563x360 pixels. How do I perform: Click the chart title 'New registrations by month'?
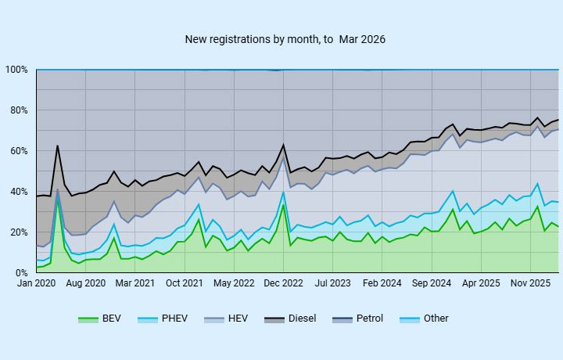pyautogui.click(x=285, y=39)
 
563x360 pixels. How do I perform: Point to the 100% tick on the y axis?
pyautogui.click(x=16, y=70)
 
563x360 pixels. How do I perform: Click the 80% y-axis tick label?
pyautogui.click(x=19, y=110)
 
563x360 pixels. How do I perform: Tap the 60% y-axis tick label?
pyautogui.click(x=19, y=151)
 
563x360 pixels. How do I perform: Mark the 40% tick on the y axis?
pyautogui.click(x=19, y=192)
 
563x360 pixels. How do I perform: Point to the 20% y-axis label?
pyautogui.click(x=19, y=232)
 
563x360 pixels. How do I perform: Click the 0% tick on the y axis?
pyautogui.click(x=21, y=273)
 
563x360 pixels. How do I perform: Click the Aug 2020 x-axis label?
pyautogui.click(x=84, y=283)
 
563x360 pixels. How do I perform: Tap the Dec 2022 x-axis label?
pyautogui.click(x=282, y=283)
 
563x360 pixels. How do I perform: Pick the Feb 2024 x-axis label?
pyautogui.click(x=382, y=283)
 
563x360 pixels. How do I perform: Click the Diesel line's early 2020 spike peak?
pyautogui.click(x=57, y=146)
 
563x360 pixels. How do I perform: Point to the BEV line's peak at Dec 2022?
pyautogui.click(x=283, y=204)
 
